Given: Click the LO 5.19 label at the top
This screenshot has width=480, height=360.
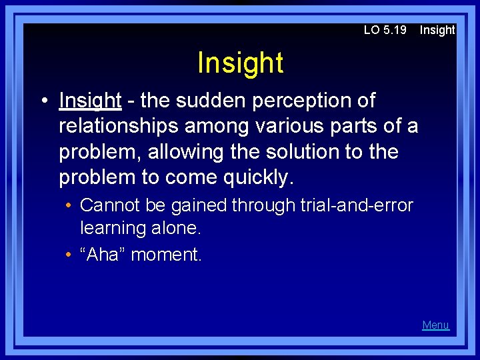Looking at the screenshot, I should point(385,30).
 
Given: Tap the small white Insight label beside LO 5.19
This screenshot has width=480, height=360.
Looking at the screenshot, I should point(437,30).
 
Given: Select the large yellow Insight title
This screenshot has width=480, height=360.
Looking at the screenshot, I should point(240,63).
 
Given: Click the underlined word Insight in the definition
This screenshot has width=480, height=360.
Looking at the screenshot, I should point(90,101).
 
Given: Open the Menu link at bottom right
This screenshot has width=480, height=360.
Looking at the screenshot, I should point(435,325).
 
